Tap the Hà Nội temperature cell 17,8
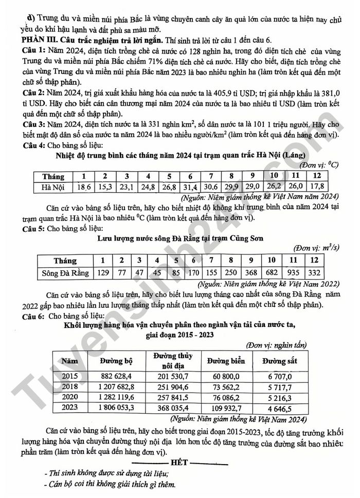[x=317, y=187]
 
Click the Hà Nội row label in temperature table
[x=53, y=187]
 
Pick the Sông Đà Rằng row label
[x=65, y=272]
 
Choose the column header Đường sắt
[x=279, y=361]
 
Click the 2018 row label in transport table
[x=69, y=386]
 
